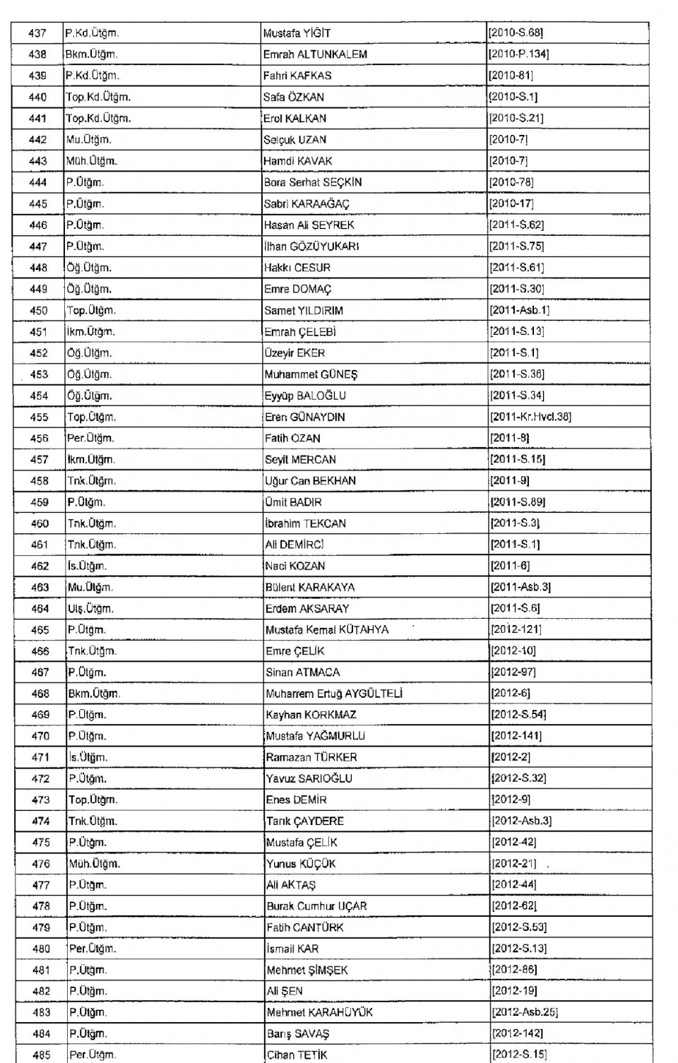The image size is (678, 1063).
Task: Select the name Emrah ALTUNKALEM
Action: click(315, 54)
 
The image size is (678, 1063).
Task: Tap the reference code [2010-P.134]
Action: click(518, 54)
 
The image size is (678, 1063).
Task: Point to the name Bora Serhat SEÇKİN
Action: click(313, 182)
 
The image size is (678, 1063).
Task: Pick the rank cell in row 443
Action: click(92, 161)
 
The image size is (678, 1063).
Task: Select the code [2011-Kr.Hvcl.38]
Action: click(530, 417)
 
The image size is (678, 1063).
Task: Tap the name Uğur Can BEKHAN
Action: click(310, 480)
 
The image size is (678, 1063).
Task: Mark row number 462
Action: click(40, 566)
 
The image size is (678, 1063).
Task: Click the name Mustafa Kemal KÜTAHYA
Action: click(327, 629)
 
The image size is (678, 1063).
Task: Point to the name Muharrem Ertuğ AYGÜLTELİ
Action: click(334, 694)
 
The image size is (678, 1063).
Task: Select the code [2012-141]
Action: click(516, 736)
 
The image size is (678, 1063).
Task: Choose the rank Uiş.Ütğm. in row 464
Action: click(90, 608)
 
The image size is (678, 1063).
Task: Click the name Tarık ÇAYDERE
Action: click(305, 821)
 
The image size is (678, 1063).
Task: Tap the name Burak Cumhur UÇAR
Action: click(316, 906)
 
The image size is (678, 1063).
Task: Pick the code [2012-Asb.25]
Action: click(525, 1012)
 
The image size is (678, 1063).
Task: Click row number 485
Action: click(42, 1055)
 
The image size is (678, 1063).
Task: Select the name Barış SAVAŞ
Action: click(298, 1033)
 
